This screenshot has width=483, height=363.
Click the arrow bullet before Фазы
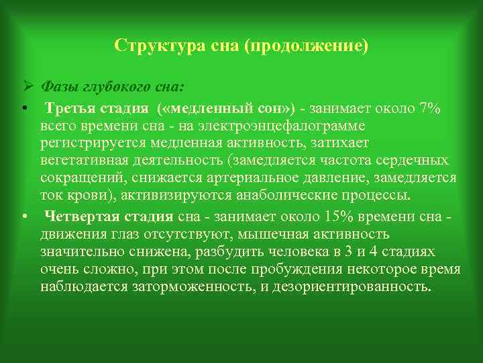[x=26, y=87]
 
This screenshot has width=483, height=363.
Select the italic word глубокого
[x=115, y=87]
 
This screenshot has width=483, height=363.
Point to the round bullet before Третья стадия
[x=23, y=109]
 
